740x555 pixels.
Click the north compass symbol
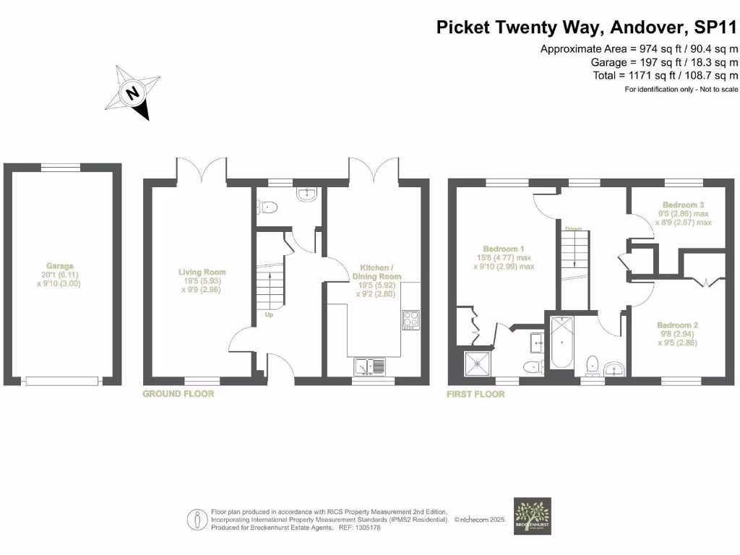(x=132, y=93)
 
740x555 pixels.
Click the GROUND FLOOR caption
(x=178, y=394)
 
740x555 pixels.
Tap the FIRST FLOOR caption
(x=476, y=394)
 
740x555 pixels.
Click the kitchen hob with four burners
(x=411, y=319)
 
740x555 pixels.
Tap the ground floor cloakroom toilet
(x=267, y=207)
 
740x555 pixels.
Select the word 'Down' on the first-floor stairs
(x=574, y=229)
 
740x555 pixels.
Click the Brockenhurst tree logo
(x=532, y=515)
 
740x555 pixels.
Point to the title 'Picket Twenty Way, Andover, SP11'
(x=588, y=27)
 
